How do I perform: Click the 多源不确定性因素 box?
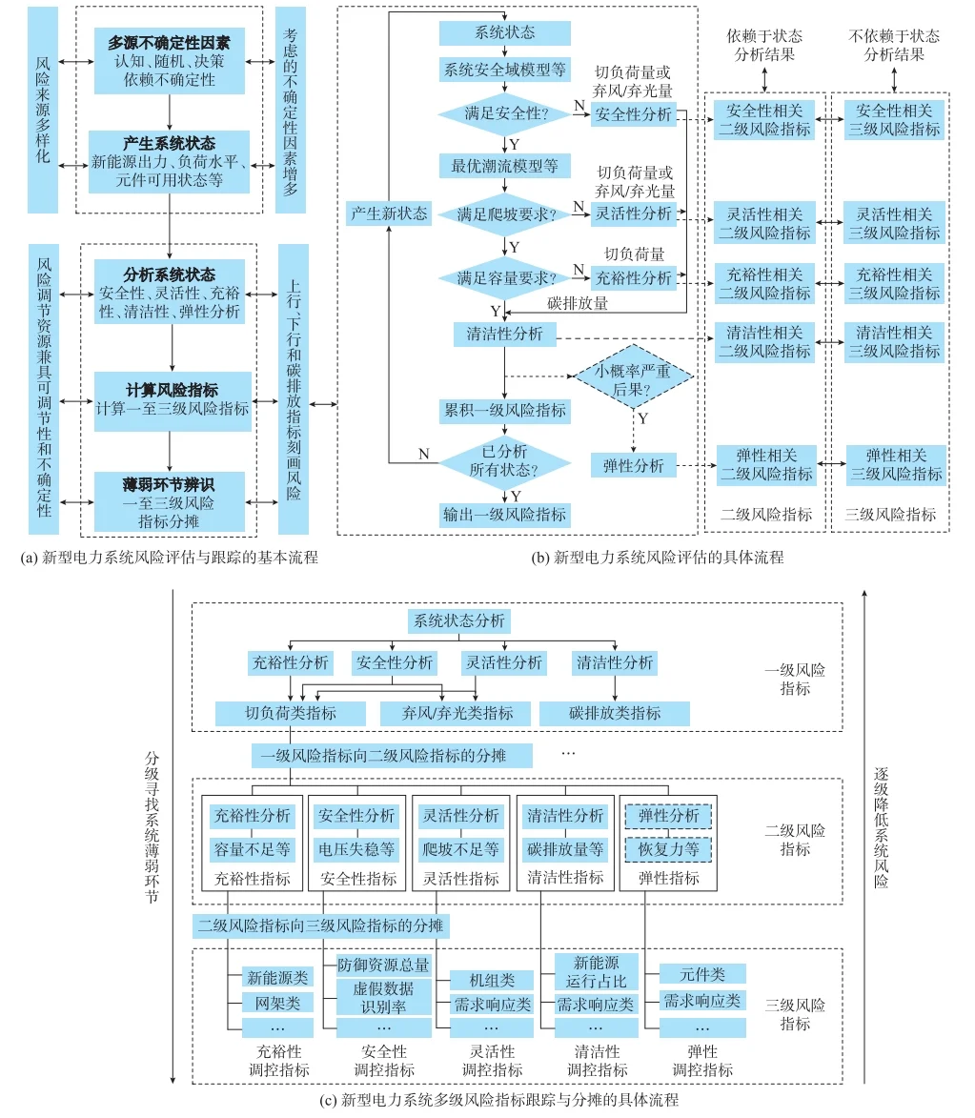click(169, 59)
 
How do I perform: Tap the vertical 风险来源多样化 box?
click(43, 109)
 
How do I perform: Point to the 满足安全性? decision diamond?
click(503, 114)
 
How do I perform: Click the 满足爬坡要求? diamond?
click(503, 214)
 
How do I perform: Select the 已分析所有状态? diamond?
click(503, 462)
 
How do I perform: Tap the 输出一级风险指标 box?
click(504, 515)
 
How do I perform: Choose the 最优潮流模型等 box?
click(504, 166)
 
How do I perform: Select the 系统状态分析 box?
click(458, 621)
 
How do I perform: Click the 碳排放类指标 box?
click(614, 712)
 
